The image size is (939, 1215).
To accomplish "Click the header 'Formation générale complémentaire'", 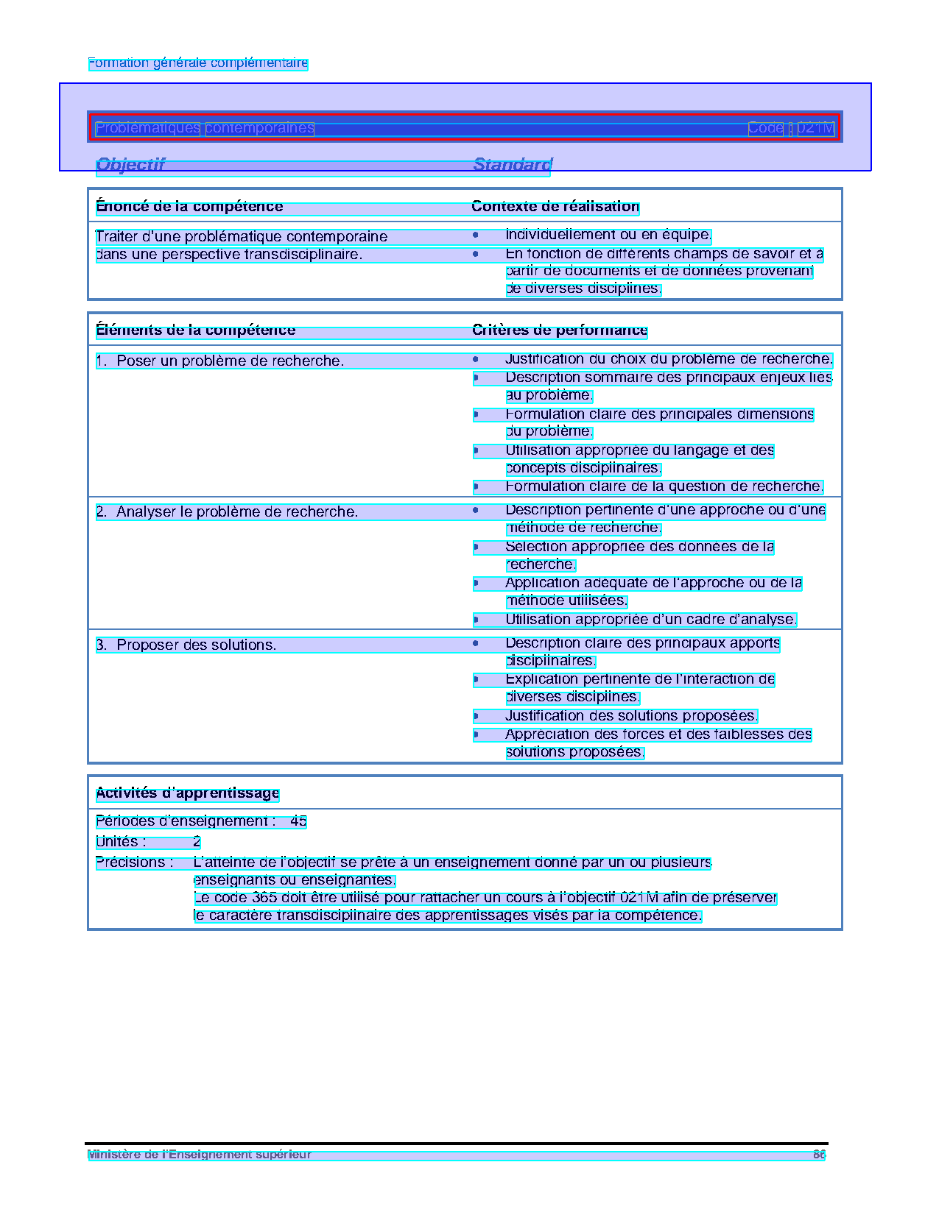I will [x=197, y=63].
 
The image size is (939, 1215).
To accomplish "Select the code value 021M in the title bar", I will [x=816, y=128].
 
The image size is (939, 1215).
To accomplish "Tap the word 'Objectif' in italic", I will [x=130, y=165].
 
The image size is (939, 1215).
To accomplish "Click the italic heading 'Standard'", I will [x=512, y=165].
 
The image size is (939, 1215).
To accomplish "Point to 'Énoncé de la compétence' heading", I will [x=189, y=207].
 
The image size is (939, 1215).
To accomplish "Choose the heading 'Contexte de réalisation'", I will [x=555, y=207].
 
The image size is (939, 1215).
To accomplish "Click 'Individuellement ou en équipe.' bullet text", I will [x=608, y=235].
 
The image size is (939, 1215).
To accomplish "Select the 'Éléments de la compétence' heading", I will [x=195, y=330].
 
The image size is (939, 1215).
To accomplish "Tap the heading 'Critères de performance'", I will [x=560, y=330].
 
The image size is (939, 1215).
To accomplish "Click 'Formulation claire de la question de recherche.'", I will [x=664, y=486].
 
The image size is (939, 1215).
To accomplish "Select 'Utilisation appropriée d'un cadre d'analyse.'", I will [x=651, y=620].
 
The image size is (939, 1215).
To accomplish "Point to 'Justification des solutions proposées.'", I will [x=631, y=716].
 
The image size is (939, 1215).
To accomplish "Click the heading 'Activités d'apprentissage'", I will [x=187, y=793].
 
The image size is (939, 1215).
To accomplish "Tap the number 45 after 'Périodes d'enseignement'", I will [x=298, y=821].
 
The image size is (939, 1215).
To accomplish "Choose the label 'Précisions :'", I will [x=135, y=862].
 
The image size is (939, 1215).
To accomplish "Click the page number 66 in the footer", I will [x=819, y=1155].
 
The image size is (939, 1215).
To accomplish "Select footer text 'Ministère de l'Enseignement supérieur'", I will [x=199, y=1155].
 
